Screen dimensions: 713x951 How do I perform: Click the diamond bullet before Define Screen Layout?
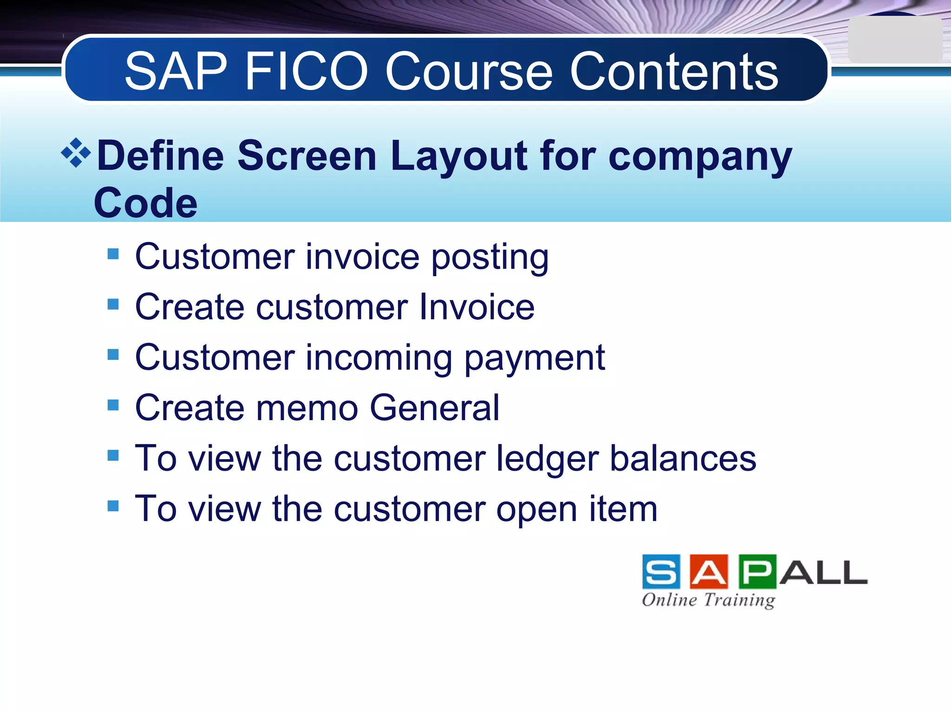point(76,153)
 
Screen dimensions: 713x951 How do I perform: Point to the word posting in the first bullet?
point(490,257)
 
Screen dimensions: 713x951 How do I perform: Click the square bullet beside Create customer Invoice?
point(113,304)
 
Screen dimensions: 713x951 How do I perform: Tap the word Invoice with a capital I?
point(476,307)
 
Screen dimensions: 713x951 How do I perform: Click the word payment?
point(534,358)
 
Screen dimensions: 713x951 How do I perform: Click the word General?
point(434,408)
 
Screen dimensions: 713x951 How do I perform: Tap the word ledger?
point(547,459)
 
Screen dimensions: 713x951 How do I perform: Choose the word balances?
point(683,459)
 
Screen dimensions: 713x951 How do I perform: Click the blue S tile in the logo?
point(661,571)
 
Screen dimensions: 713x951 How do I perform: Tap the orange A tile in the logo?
point(709,571)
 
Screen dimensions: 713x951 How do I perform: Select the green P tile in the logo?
point(757,571)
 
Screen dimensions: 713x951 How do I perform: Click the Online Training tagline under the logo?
point(708,600)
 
